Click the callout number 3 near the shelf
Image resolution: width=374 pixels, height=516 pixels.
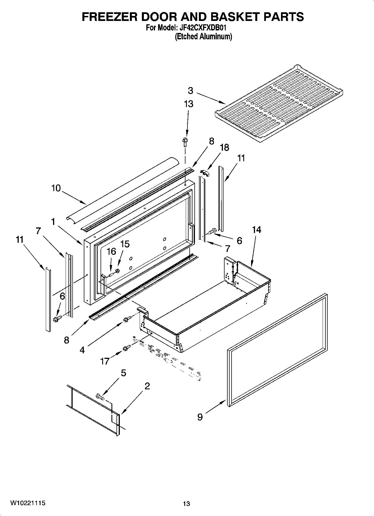pyautogui.click(x=190, y=91)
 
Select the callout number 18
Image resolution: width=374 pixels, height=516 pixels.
pyautogui.click(x=224, y=147)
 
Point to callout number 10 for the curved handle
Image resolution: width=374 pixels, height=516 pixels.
pyautogui.click(x=56, y=188)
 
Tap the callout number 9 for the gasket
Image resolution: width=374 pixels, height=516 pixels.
pyautogui.click(x=200, y=417)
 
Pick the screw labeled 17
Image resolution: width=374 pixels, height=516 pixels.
pyautogui.click(x=127, y=348)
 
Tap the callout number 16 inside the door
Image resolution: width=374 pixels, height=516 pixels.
pyautogui.click(x=111, y=251)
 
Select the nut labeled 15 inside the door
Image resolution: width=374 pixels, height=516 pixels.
pyautogui.click(x=117, y=270)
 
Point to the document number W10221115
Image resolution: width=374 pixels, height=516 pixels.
pyautogui.click(x=28, y=503)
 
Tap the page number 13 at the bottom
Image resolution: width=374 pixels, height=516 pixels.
pyautogui.click(x=187, y=504)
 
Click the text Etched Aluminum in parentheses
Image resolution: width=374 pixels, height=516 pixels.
pyautogui.click(x=203, y=37)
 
